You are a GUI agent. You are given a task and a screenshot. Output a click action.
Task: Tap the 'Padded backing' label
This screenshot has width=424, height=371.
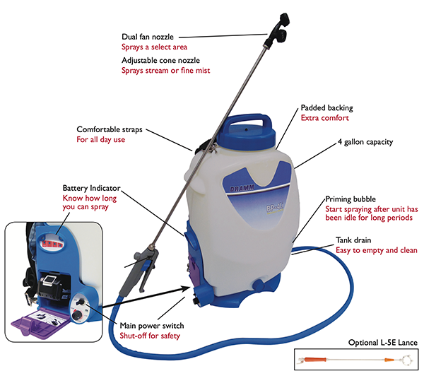coord(326,107)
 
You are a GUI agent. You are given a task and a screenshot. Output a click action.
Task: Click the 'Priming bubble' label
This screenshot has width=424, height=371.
coord(350,199)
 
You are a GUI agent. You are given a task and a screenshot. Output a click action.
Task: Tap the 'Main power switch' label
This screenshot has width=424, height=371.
coord(151,325)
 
